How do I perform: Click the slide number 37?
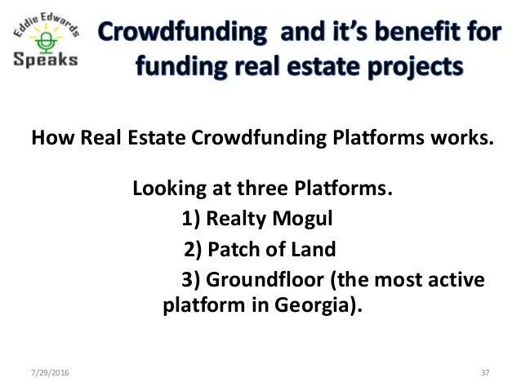click(x=484, y=373)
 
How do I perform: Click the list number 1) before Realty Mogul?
click(x=189, y=220)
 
